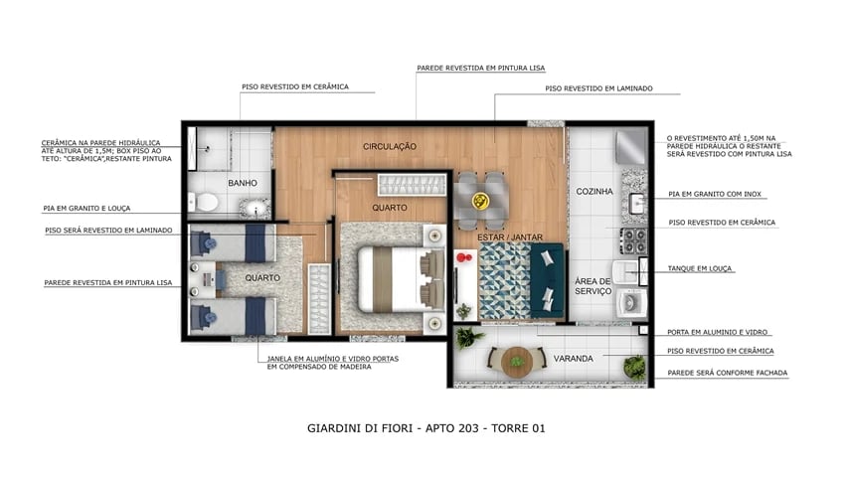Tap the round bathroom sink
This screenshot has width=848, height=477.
[255, 208]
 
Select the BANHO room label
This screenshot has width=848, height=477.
[243, 183]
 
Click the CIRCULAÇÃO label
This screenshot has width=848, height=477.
[389, 146]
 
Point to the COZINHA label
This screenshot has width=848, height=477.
[593, 191]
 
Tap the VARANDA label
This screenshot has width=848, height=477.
[575, 358]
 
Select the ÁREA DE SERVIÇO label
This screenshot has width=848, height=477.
[593, 288]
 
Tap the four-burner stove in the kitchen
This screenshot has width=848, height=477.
[633, 239]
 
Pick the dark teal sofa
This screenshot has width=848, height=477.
[545, 278]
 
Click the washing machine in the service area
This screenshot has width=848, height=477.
[630, 301]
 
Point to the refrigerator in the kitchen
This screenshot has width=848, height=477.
[632, 149]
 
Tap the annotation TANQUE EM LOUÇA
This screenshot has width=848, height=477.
[704, 266]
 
